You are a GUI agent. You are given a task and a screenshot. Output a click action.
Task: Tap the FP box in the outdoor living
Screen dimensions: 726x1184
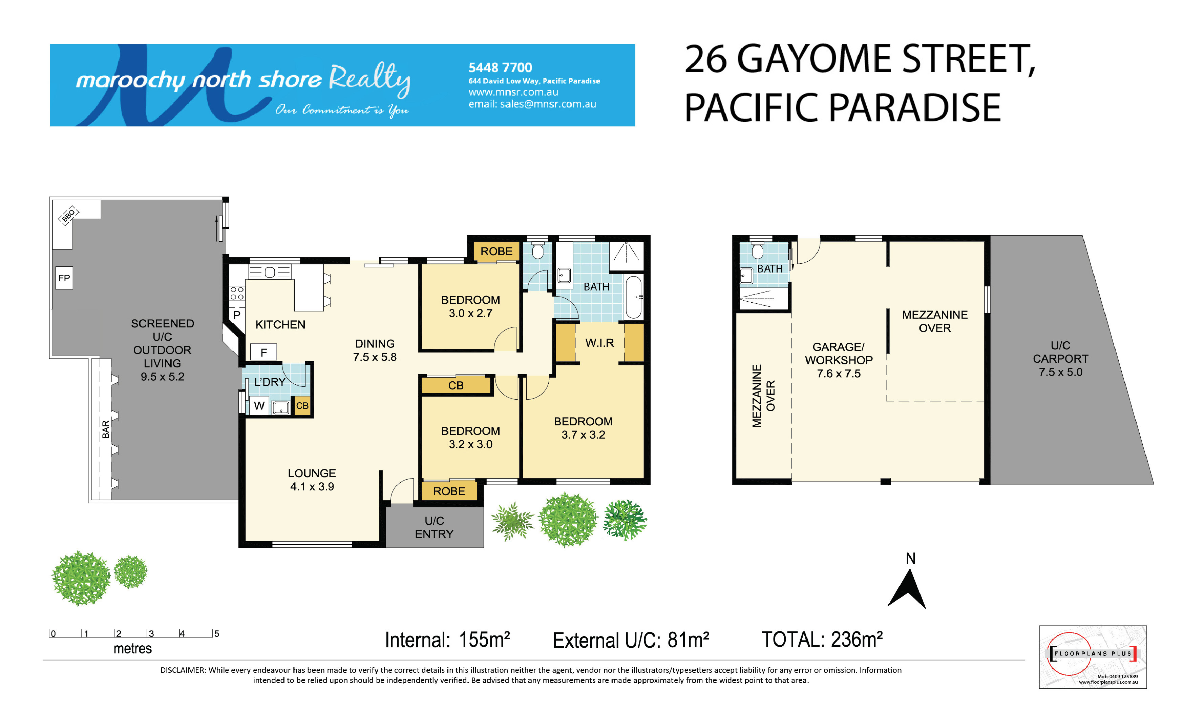click(x=64, y=278)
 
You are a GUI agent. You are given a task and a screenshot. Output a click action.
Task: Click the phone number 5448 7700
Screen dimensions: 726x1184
click(x=500, y=67)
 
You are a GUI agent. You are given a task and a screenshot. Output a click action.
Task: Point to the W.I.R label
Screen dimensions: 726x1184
click(x=599, y=343)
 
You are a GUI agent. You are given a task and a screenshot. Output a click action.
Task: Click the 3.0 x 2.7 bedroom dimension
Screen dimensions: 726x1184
click(x=470, y=314)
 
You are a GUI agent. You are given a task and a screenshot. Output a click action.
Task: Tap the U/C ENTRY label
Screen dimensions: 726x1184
click(x=434, y=527)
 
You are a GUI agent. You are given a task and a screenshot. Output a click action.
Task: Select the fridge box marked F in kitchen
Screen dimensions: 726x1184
click(x=263, y=352)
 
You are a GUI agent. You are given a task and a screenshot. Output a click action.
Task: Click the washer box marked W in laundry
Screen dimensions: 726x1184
click(x=259, y=405)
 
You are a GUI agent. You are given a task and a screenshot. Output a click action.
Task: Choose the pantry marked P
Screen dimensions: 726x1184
click(x=236, y=315)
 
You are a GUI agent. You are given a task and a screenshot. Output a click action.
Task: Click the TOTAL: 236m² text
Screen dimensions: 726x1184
click(x=822, y=640)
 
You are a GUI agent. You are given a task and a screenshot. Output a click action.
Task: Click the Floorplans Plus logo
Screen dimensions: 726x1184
click(x=1092, y=657)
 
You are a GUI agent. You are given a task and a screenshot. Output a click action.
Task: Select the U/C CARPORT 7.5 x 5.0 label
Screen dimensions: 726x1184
click(x=1060, y=359)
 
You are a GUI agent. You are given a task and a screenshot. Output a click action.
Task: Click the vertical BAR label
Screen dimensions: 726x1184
click(x=106, y=429)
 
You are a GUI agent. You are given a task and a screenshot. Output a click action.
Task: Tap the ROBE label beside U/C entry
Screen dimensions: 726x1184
click(x=449, y=491)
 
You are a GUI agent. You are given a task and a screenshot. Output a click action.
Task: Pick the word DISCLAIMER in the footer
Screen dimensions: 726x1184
click(x=183, y=670)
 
